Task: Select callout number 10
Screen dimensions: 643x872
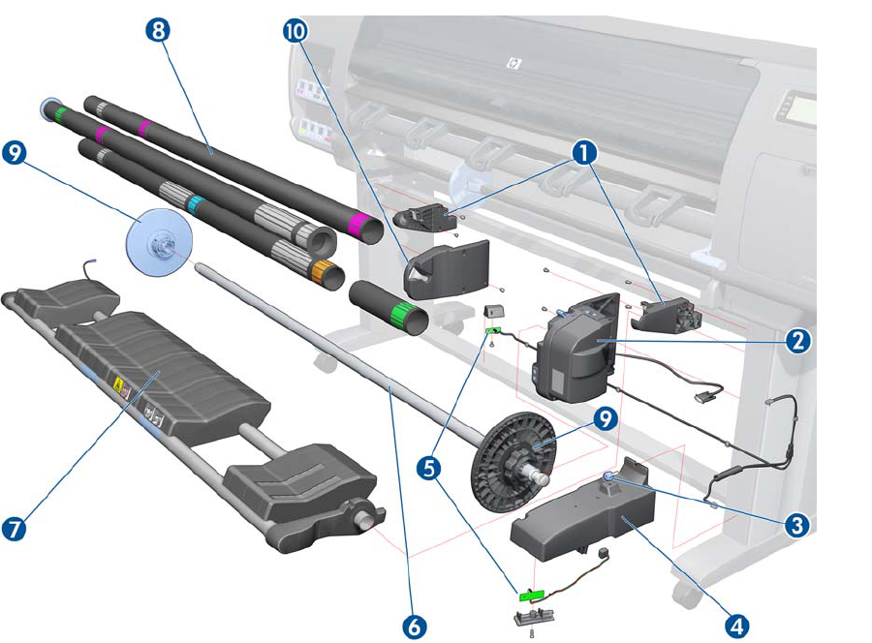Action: coord(295,31)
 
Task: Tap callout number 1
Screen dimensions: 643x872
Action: coord(582,152)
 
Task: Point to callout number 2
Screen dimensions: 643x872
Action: coord(798,340)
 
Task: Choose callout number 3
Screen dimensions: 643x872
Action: coord(795,524)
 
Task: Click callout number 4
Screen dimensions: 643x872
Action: coord(738,625)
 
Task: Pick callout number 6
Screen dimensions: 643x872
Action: coord(414,626)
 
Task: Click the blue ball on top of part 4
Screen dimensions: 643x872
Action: coord(608,475)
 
